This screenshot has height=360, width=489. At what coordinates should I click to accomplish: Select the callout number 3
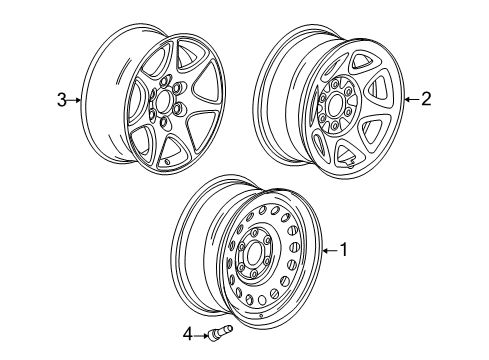tap(62, 99)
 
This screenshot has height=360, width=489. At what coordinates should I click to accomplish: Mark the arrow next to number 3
tap(76, 99)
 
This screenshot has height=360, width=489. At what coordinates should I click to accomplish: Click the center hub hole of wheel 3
tap(164, 103)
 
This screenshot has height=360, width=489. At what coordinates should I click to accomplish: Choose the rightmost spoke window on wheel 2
tap(378, 90)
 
